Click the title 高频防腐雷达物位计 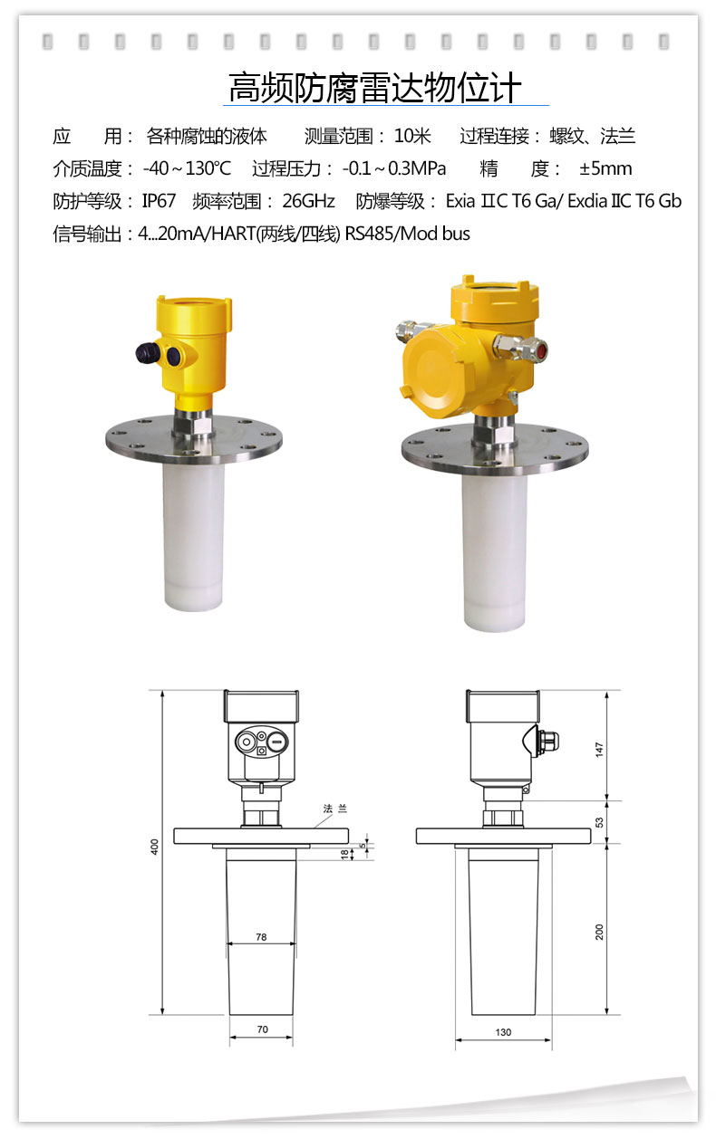375,88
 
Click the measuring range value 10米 412,137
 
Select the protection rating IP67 159,201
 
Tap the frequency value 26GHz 308,201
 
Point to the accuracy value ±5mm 605,168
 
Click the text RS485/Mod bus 407,234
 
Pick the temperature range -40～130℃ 187,168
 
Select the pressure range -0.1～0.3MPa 394,168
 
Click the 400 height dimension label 155,847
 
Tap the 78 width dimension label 261,937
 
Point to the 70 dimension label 262,1029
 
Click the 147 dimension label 599,750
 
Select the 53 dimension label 599,822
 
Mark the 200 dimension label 599,932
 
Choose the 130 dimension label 503,1032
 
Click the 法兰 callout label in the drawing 335,809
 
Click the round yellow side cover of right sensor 431,367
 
